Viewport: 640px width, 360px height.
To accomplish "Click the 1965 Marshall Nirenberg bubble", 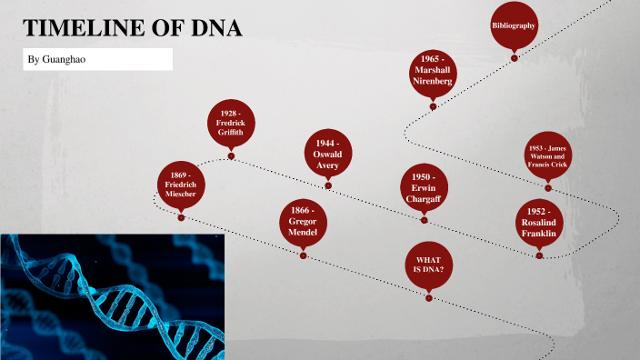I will [433, 71].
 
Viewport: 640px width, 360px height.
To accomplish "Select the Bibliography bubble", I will [514, 25].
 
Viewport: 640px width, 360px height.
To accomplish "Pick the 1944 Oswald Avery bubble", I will [327, 155].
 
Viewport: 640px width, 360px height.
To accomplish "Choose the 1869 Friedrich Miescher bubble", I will [181, 184].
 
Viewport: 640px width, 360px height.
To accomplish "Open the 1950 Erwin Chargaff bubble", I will [424, 187].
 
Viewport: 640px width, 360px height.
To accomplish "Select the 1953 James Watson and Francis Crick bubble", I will [547, 156].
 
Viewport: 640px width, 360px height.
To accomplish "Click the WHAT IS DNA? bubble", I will [429, 264].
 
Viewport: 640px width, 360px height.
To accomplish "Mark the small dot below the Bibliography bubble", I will [515, 58].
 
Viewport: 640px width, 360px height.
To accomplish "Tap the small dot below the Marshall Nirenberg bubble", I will [433, 106].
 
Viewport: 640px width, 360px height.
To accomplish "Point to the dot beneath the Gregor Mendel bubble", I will [303, 256].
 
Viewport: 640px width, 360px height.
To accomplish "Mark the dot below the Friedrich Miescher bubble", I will [181, 217].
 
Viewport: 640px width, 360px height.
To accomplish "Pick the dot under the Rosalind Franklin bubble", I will [539, 256].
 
